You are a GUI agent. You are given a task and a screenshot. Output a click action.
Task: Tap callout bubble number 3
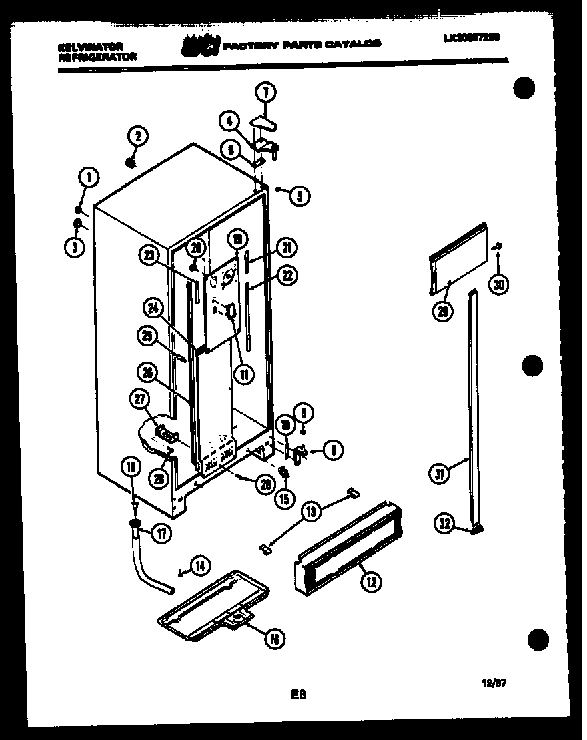click(x=75, y=247)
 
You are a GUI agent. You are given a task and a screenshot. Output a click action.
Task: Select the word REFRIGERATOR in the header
click(x=97, y=57)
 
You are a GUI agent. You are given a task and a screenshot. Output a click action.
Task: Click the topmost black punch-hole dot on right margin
click(x=526, y=89)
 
